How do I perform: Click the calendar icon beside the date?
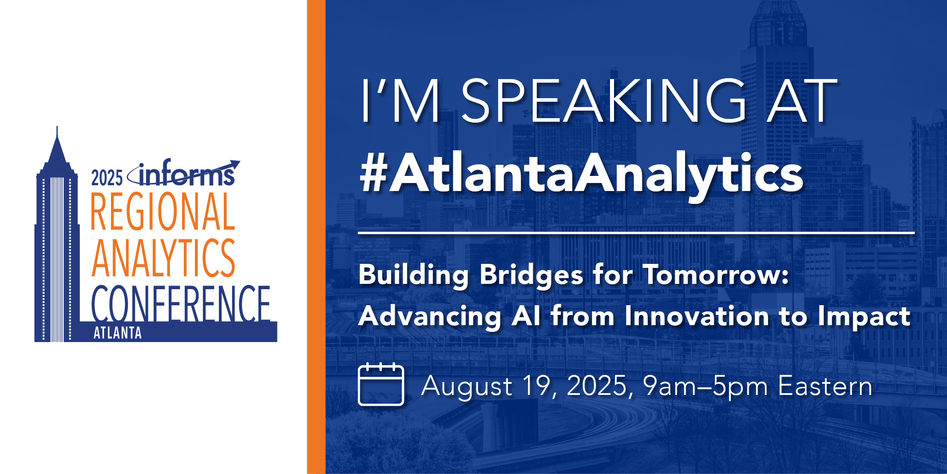[x=381, y=385]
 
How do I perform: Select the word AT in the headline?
[x=801, y=101]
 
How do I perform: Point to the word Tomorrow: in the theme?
[x=716, y=275]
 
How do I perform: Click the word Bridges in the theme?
[x=531, y=276]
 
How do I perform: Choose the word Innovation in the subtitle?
[x=697, y=317]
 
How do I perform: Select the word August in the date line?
[x=467, y=386]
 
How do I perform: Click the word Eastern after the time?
[x=825, y=386]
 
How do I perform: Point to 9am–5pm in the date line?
[x=705, y=386]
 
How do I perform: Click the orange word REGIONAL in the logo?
[x=162, y=212]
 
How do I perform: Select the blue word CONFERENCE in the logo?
[x=181, y=304]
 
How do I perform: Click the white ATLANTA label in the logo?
[x=117, y=333]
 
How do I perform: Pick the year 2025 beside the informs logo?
[x=107, y=178]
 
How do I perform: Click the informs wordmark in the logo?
[x=186, y=175]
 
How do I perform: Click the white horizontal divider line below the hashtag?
[x=636, y=233]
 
